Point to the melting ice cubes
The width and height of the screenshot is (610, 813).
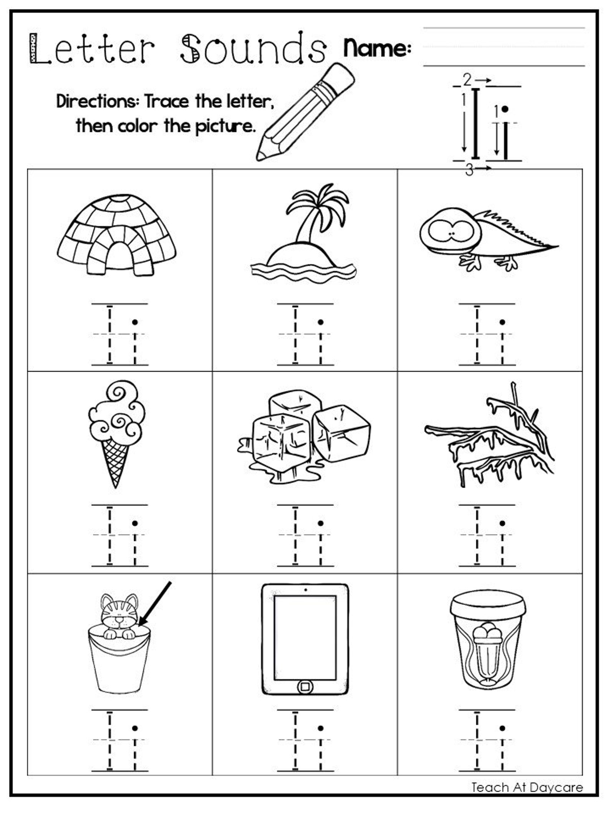point(303,438)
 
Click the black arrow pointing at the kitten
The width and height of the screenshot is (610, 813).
point(156,603)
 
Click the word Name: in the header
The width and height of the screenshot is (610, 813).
point(376,48)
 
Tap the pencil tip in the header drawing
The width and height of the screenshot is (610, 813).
point(262,156)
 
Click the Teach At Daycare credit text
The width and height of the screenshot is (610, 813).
point(527,787)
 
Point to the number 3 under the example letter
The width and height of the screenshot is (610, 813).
point(469,169)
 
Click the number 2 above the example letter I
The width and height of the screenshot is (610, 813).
point(467,79)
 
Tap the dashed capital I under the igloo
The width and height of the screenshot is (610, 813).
point(110,334)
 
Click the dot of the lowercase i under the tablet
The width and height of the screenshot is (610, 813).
point(320,728)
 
